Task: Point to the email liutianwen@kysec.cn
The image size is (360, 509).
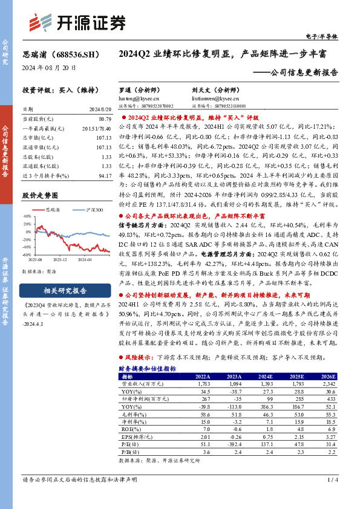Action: (209, 97)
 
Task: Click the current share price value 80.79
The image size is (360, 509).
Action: (103, 119)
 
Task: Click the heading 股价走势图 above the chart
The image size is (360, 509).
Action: (40, 196)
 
